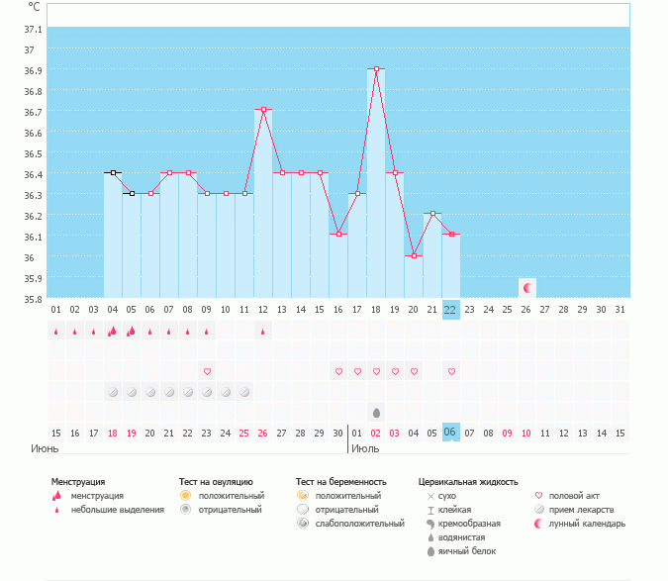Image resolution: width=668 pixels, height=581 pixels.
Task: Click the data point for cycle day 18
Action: (x=376, y=69)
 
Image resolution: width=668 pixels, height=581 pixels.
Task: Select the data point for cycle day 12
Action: (x=263, y=110)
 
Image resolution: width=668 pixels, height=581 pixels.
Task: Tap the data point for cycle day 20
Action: (x=414, y=255)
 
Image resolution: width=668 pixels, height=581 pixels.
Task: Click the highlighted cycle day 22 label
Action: (x=451, y=310)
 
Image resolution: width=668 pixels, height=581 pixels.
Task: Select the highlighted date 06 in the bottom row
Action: (x=451, y=434)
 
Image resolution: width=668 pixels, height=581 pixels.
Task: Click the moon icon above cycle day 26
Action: (x=527, y=288)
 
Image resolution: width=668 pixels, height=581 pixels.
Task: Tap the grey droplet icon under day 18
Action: (x=376, y=412)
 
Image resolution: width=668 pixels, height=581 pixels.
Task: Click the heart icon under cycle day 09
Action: (x=207, y=371)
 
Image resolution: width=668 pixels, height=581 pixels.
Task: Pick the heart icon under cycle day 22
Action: (x=451, y=371)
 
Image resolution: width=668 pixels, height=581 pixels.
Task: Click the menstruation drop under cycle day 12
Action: (x=263, y=332)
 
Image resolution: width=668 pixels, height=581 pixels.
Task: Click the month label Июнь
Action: (x=45, y=448)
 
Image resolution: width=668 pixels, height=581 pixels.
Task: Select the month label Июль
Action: (x=365, y=448)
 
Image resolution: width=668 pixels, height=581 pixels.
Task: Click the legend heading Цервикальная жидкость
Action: (x=468, y=482)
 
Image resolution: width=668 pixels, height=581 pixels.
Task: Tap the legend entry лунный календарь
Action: (x=587, y=523)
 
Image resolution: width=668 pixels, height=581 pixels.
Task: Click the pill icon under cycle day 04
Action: (x=113, y=392)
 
